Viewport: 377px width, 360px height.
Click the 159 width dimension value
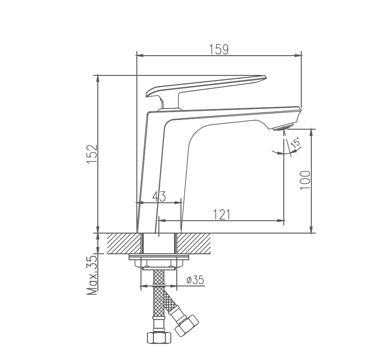click(219, 49)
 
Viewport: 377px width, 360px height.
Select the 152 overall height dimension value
click(91, 154)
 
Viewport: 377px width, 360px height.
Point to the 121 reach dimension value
click(221, 214)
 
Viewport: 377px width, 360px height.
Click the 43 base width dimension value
click(159, 196)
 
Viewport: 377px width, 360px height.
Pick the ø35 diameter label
click(195, 280)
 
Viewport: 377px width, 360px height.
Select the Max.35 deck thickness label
click(91, 275)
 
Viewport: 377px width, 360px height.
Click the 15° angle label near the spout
click(296, 142)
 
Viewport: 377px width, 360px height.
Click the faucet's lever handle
click(207, 85)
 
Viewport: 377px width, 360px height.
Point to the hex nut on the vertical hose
click(158, 337)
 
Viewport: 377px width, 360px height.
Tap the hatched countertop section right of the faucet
click(193, 243)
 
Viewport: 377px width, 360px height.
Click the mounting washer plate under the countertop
click(159, 257)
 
